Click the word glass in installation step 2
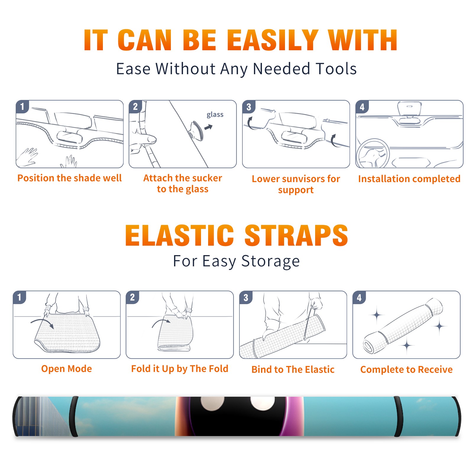coord(215,114)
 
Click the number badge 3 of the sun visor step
coord(249,107)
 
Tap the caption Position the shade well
coord(69,178)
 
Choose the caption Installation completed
coord(409,179)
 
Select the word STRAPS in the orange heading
coord(296,235)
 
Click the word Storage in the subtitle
coord(270,261)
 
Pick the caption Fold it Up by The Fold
coord(180,369)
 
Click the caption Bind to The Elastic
coord(293,369)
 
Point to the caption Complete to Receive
coord(406,369)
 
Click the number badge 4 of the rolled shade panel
coord(359,297)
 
